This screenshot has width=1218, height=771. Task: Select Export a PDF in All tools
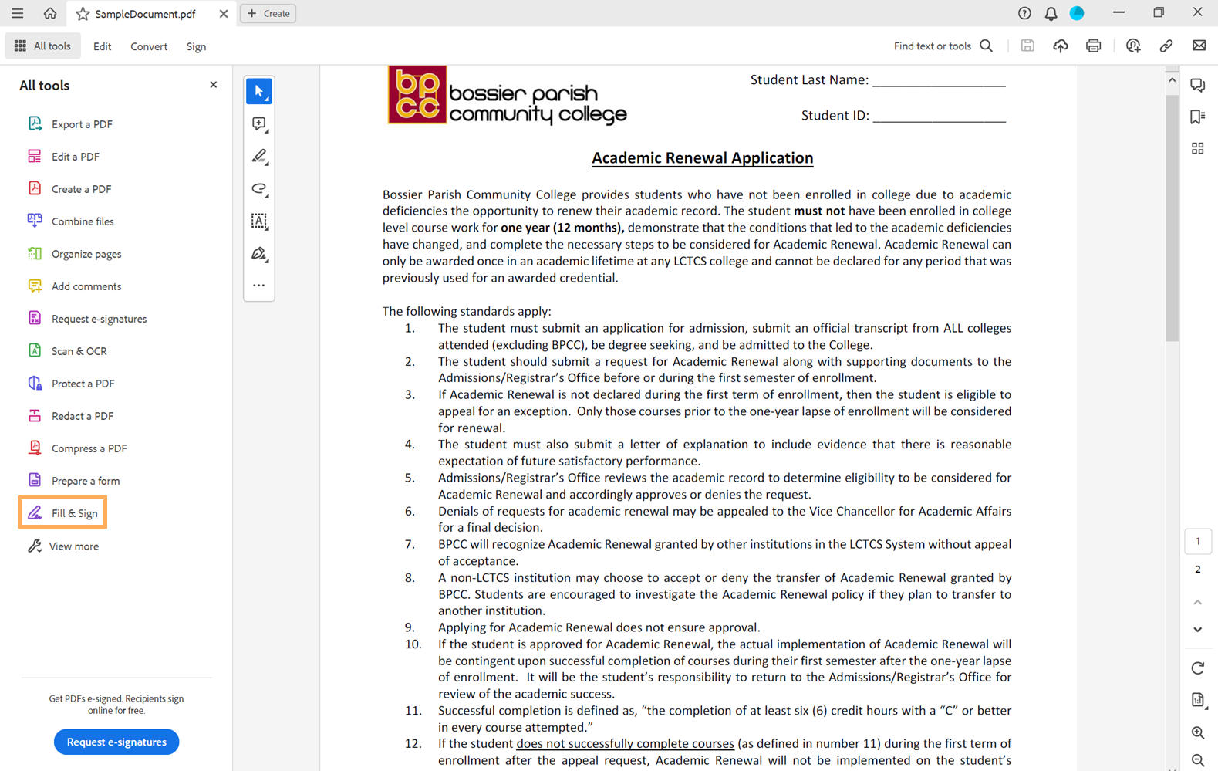(81, 124)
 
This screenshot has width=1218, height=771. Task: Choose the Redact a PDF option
(82, 416)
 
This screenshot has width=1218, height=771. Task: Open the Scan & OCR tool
(79, 351)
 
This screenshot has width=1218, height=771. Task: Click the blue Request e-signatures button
(116, 742)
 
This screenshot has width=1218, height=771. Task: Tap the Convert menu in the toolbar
(149, 46)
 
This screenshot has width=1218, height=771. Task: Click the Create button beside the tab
(268, 13)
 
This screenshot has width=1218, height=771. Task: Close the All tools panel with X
(214, 85)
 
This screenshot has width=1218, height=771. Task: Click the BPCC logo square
(417, 95)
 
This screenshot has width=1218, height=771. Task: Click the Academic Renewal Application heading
(702, 158)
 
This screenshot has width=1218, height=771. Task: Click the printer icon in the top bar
(1093, 46)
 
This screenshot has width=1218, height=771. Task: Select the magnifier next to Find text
(986, 46)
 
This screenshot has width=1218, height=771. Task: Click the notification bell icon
(1051, 13)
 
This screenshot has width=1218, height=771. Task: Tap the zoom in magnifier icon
(1197, 732)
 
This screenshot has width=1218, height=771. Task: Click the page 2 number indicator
(1197, 570)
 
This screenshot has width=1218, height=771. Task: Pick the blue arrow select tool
(259, 91)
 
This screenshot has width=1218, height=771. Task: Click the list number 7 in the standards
(410, 544)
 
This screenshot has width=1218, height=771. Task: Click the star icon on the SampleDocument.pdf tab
(83, 14)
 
